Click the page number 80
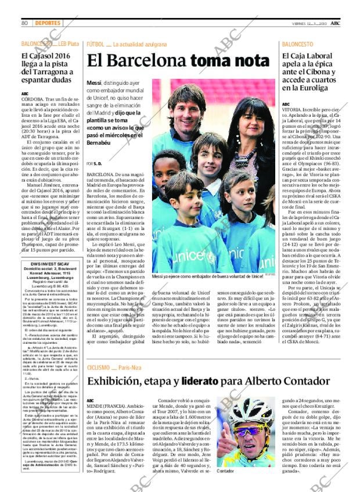(x=25, y=23)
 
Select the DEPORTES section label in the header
(x=47, y=23)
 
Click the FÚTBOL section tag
(x=95, y=44)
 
